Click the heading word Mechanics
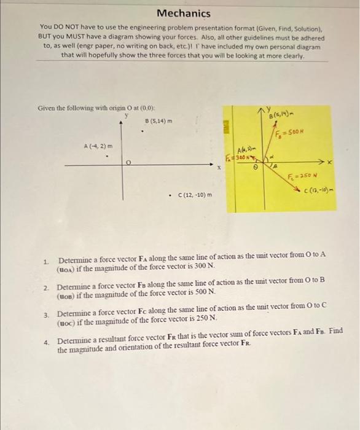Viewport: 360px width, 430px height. click(183, 13)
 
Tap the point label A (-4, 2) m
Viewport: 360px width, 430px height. click(98, 146)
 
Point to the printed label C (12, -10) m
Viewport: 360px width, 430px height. click(194, 195)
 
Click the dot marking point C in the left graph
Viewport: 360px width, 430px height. click(170, 195)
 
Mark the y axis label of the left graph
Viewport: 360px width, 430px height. click(127, 114)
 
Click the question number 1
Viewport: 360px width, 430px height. click(45, 262)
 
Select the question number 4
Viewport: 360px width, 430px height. click(45, 341)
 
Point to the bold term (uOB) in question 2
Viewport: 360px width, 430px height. click(68, 295)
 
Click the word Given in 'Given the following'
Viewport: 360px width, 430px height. click(48, 108)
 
